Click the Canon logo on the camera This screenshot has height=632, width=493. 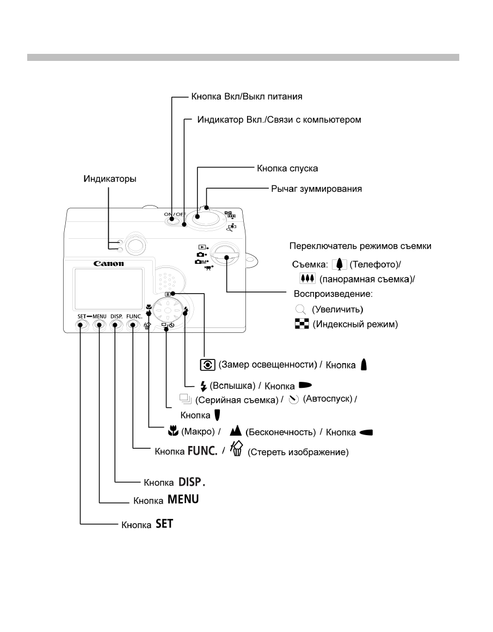(108, 264)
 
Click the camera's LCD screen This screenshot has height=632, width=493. (108, 288)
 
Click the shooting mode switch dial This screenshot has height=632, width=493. (223, 252)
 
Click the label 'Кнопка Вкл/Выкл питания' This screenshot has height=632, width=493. (246, 98)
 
